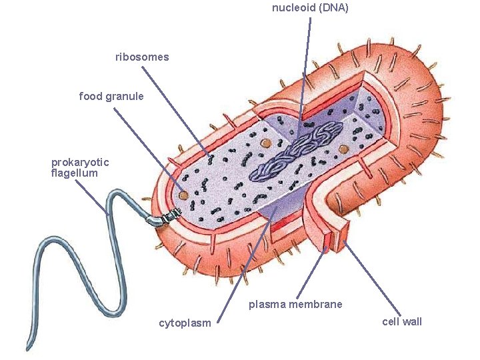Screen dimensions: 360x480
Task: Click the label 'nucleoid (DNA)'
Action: [310, 8]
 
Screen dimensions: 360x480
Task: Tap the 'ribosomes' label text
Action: [142, 57]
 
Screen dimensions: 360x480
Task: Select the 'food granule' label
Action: [111, 96]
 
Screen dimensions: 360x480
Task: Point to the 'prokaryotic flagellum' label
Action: [80, 167]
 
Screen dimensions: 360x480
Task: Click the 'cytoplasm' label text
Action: [185, 323]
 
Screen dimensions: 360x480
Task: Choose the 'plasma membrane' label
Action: [295, 305]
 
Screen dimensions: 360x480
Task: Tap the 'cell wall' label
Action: [402, 322]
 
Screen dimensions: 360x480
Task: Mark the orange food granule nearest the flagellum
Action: [183, 195]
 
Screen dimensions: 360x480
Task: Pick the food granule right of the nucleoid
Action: [344, 149]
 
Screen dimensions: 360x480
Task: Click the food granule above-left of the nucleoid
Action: [265, 142]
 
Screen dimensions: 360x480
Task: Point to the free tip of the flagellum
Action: [29, 347]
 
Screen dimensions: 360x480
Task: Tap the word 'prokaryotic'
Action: [80, 162]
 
